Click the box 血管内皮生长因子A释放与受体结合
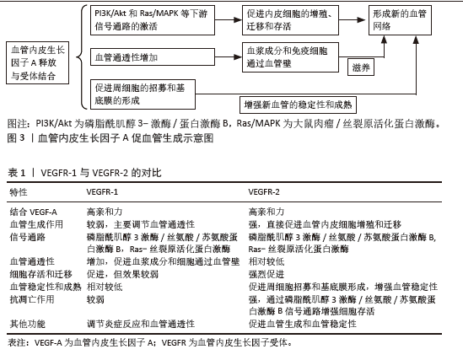pos(37,63)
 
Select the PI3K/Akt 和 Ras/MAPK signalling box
pos(153,20)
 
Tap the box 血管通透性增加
pos(153,57)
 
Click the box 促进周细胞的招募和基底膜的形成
pos(143,94)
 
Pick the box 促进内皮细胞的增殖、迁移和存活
pos(290,20)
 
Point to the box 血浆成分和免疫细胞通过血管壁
pos(290,57)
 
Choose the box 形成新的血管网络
pos(400,20)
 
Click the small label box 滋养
pos(361,67)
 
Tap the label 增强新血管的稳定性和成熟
pos(298,105)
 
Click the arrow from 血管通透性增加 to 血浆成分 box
pos(229,57)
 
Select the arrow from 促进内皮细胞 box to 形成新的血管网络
pos(352,19)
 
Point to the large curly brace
pos(82,57)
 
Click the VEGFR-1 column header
pos(102,192)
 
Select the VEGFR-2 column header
pos(264,192)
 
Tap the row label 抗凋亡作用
pos(32,299)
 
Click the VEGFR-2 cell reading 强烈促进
pos(266,274)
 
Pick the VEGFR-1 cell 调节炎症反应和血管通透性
pos(141,324)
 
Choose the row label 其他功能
pos(28,324)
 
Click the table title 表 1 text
pos(17,173)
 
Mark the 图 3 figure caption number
pos(16,137)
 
